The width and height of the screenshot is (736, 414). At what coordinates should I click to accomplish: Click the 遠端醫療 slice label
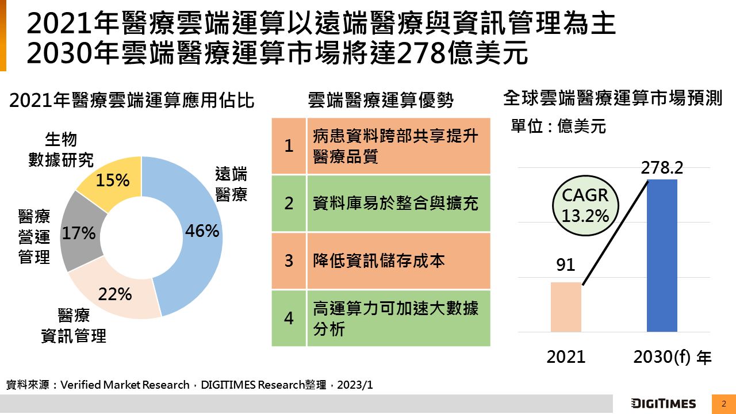point(231,184)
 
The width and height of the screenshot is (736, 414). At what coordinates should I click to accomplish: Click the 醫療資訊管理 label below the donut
point(74,325)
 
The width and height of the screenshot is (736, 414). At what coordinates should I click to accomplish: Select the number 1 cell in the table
point(289,146)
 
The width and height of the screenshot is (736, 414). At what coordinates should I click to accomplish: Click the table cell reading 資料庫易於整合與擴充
point(398,204)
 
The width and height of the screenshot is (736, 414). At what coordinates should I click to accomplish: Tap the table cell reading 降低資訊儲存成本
point(398,260)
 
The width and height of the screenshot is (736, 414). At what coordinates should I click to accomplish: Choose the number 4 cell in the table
point(289,318)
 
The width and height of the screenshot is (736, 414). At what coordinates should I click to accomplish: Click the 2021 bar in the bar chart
point(566,307)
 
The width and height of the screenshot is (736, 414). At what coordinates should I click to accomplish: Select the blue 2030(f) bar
point(662,255)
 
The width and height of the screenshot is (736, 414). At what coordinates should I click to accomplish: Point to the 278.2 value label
point(662,168)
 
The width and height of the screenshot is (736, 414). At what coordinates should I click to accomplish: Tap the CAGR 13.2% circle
point(585,205)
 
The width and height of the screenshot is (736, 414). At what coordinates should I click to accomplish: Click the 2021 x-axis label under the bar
point(566,356)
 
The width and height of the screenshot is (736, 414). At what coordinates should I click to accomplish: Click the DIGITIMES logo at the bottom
point(663,404)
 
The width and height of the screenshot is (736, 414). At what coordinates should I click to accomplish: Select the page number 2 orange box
point(724,404)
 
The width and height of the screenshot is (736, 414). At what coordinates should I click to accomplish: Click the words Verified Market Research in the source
point(124,385)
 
